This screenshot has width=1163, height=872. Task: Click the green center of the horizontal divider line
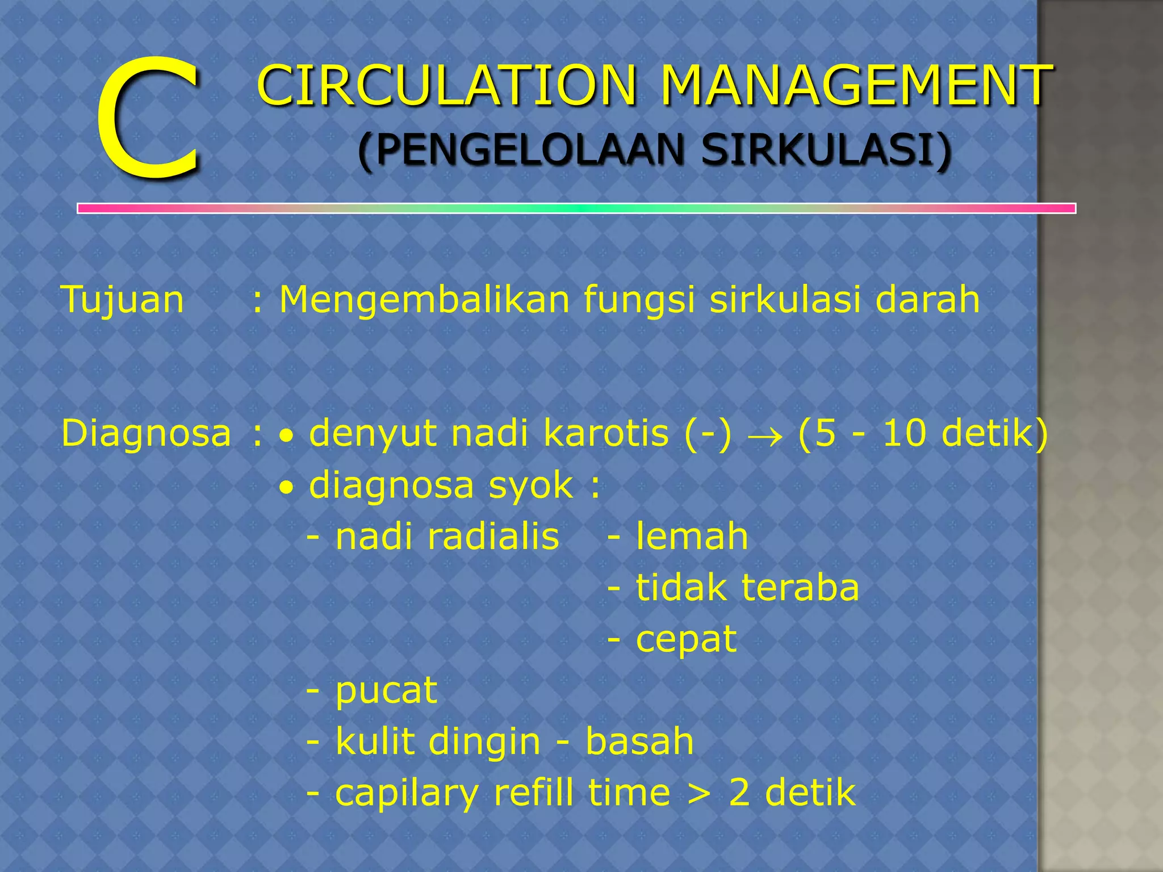pos(577,208)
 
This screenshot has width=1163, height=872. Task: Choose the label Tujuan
pos(123,299)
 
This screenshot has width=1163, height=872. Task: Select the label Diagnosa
pos(147,433)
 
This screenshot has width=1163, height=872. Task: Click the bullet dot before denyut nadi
pos(288,437)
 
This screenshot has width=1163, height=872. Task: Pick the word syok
pos(531,486)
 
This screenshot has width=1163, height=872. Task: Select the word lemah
pos(692,536)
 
